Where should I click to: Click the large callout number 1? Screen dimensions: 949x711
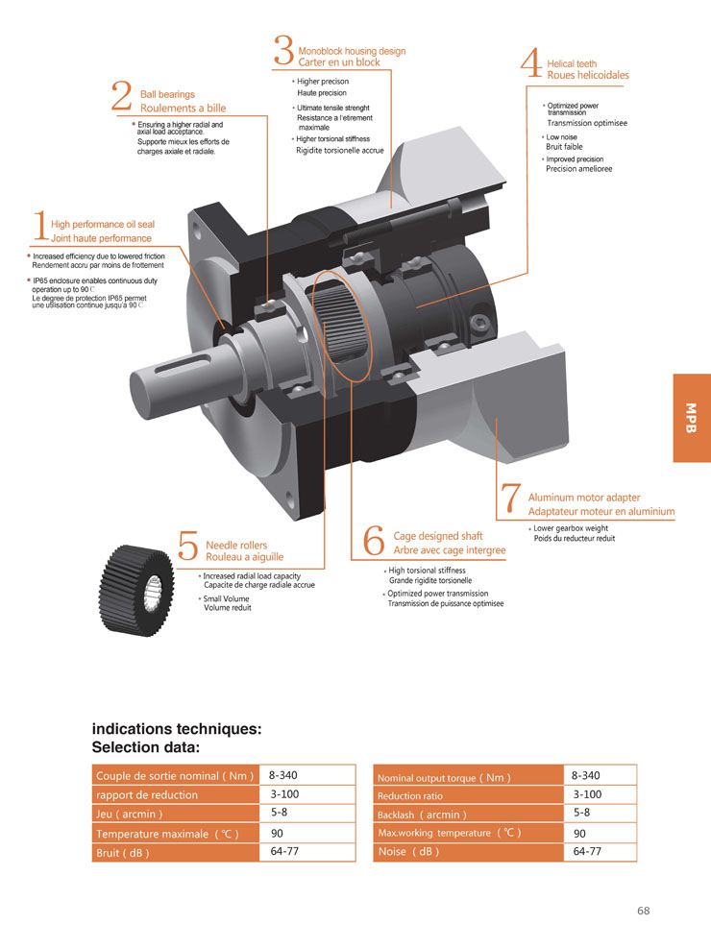pos(39,227)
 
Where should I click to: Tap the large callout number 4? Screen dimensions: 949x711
pos(530,62)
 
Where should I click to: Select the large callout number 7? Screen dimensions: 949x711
pos(511,500)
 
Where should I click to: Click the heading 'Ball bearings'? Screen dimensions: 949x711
pos(167,94)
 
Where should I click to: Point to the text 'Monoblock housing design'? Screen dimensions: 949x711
pos(352,51)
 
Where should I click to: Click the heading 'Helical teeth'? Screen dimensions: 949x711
pos(572,64)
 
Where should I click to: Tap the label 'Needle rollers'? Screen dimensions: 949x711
pos(236,545)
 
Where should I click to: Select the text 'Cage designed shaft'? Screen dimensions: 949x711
pos(438,536)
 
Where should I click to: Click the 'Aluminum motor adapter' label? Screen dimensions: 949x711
pos(583,498)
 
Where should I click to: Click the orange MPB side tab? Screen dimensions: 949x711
pos(692,418)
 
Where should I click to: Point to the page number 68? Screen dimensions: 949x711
pos(643,911)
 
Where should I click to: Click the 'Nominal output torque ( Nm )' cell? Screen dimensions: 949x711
pos(443,778)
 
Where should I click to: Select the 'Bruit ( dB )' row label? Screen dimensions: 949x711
pos(123,853)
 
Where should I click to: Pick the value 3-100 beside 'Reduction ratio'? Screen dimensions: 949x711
pos(586,794)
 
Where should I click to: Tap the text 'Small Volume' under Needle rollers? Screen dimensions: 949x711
pos(226,598)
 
